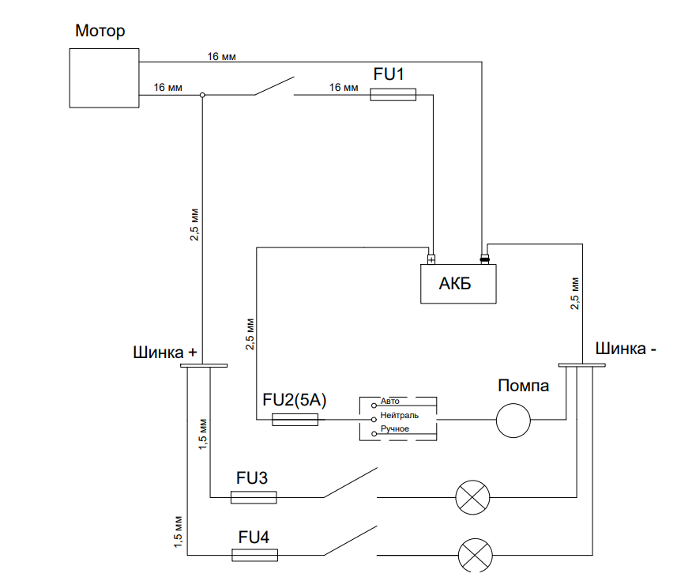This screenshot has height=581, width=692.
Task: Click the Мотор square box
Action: [x=104, y=77]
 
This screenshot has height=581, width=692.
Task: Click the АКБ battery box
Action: [x=458, y=283]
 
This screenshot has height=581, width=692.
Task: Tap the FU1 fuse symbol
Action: [x=393, y=95]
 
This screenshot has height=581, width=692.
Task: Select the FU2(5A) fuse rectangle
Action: [x=295, y=420]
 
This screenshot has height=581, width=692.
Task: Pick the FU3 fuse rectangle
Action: [x=254, y=497]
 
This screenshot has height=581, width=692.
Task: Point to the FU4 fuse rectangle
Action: [x=254, y=556]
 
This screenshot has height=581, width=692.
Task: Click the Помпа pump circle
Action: [x=513, y=420]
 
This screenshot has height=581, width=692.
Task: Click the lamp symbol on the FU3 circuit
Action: [x=473, y=497]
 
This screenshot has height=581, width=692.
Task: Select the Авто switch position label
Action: [x=390, y=402]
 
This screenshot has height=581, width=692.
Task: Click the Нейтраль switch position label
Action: [x=404, y=415]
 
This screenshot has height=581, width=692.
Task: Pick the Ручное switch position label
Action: [x=394, y=428]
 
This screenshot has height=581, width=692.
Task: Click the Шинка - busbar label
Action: [x=625, y=348]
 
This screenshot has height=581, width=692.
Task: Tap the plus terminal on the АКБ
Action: [x=431, y=258]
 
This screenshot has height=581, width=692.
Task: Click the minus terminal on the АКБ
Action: [x=485, y=258]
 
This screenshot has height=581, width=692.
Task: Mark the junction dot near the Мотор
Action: [x=202, y=95]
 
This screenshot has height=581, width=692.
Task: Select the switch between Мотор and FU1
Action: [x=273, y=87]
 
